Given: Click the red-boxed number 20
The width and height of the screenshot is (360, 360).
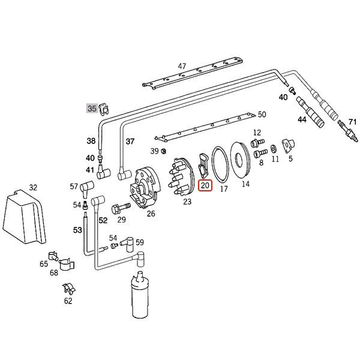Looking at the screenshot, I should coord(205,186).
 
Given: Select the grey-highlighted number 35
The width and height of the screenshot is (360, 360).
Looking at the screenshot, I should coord(91,109).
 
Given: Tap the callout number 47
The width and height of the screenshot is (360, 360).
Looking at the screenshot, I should coord(182,66).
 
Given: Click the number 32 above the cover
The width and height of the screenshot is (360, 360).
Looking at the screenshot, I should coord(33,187).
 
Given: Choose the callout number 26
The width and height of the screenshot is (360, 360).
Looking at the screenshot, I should coord(151,213).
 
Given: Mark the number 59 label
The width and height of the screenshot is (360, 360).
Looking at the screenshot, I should coord(139,242).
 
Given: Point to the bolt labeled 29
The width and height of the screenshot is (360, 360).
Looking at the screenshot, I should coord(119,207).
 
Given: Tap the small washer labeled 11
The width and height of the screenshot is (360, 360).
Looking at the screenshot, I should coord(274,148).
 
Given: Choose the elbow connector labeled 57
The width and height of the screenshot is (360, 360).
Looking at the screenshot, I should coord(86,189).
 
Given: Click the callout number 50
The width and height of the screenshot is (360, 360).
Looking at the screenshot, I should coord(262,115).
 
